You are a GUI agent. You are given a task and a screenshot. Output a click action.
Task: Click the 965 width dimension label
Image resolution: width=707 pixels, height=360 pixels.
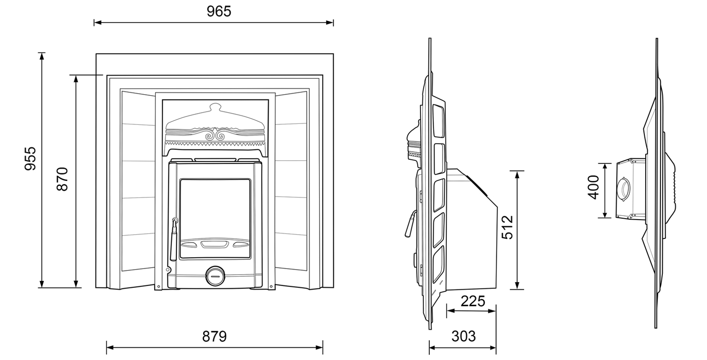click(x=219, y=11)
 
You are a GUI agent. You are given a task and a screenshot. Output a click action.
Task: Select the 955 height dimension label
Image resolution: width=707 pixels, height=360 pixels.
click(x=30, y=158)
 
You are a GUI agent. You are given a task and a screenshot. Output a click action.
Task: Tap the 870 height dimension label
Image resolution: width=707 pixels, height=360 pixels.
click(x=63, y=179)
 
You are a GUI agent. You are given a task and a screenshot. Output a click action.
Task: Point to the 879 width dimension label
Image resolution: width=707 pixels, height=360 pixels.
click(x=214, y=336)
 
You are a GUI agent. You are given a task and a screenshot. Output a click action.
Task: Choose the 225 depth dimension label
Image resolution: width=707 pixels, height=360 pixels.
click(x=473, y=301)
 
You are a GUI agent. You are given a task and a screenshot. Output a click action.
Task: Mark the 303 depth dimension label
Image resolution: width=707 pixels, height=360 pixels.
click(x=463, y=336)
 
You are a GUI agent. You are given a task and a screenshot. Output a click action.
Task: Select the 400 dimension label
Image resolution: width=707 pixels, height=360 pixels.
click(x=593, y=187)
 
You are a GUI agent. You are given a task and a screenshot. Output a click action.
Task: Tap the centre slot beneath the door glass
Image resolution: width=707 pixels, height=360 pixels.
click(x=214, y=244)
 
